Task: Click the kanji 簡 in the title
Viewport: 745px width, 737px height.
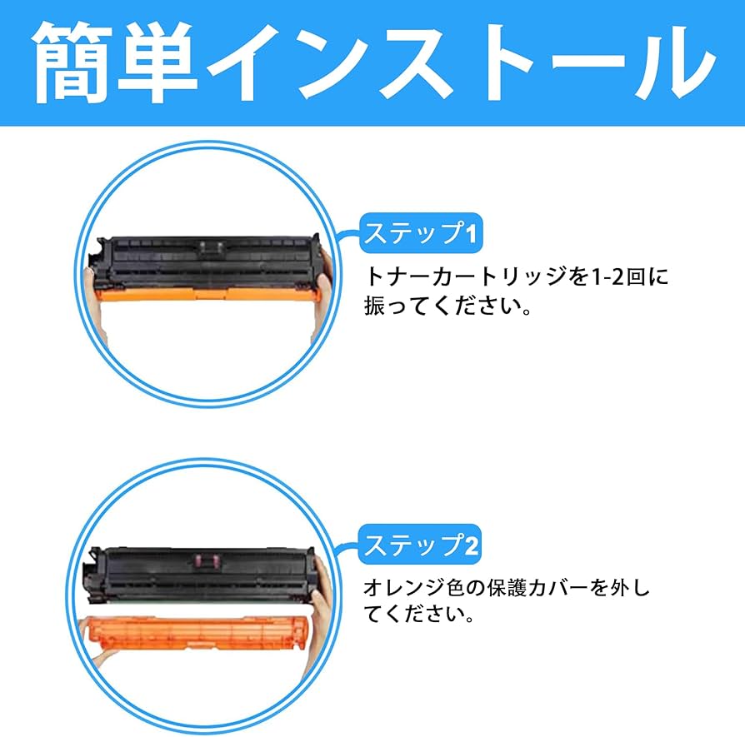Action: point(72,62)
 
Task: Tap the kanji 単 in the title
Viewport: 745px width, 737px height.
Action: point(157,62)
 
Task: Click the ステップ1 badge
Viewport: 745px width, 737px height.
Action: point(421,232)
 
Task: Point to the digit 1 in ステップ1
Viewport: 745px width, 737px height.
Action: point(470,234)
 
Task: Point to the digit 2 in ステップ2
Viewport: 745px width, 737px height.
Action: point(470,545)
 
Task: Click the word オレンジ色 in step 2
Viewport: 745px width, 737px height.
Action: point(413,588)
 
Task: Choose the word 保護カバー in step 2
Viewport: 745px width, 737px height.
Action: point(537,588)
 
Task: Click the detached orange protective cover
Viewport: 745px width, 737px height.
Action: point(195,631)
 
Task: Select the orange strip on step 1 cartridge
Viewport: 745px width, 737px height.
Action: point(207,295)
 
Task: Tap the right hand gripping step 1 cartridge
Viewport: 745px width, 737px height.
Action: point(322,290)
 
